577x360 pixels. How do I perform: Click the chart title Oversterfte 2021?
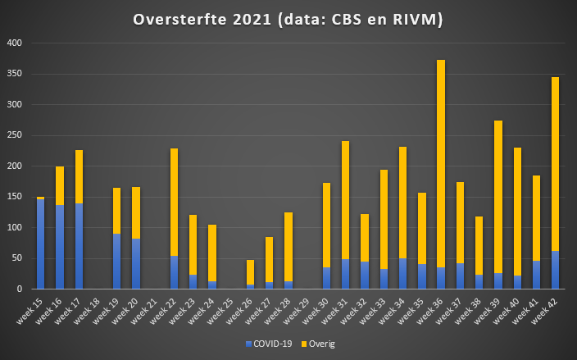tap(288, 20)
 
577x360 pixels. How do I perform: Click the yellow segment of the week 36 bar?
tap(441, 164)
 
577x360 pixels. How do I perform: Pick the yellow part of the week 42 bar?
tap(555, 164)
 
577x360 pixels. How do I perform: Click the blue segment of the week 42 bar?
tap(555, 270)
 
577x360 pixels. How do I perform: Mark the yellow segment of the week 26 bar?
tap(250, 272)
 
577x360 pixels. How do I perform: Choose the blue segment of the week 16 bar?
tap(60, 247)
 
